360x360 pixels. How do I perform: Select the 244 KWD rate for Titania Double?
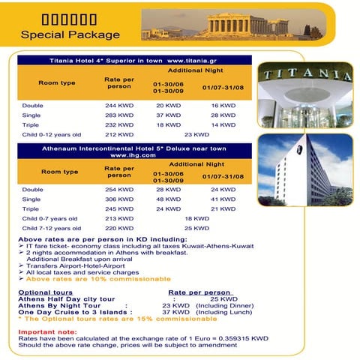pos(119,106)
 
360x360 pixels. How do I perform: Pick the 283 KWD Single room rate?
pos(119,115)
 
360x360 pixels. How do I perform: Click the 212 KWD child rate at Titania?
pos(119,135)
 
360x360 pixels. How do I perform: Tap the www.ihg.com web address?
pos(131,155)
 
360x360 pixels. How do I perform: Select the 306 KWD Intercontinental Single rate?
pos(119,199)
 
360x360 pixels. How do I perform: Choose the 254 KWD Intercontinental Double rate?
pos(119,190)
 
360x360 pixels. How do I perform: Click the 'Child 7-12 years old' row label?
pos(49,228)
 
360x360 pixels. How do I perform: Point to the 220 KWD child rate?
pos(119,228)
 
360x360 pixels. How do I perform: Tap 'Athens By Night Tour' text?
pos(55,305)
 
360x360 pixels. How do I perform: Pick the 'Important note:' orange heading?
pos(47,331)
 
